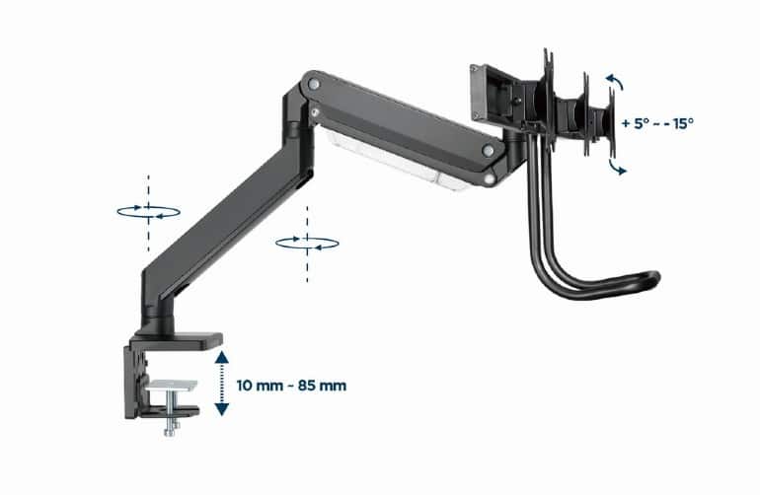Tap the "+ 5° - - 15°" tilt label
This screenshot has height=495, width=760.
point(659,123)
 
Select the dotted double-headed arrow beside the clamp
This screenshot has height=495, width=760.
point(221,383)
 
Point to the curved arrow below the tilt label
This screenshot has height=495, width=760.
point(617,167)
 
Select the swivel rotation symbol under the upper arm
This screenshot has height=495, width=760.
point(308,242)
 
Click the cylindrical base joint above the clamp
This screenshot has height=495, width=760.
point(158,320)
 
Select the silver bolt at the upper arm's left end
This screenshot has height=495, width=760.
point(314,86)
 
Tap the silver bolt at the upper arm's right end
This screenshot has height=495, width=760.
point(487,150)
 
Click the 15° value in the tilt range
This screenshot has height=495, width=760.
point(681,123)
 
